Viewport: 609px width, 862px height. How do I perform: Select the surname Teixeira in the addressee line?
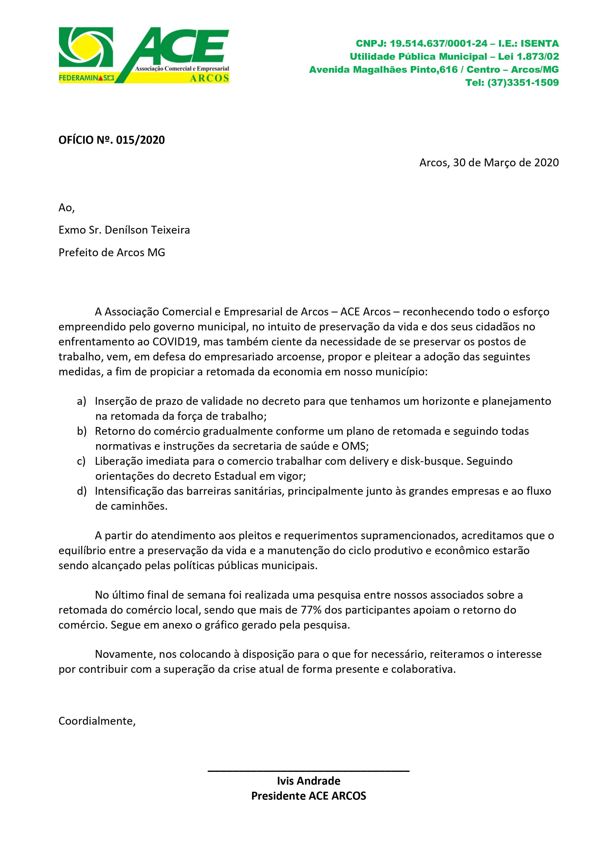pyautogui.click(x=170, y=230)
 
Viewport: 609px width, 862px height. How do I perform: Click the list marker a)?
pyautogui.click(x=82, y=401)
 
